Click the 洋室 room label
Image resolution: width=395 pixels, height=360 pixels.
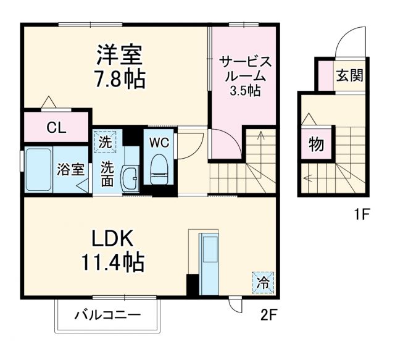pos(119,56)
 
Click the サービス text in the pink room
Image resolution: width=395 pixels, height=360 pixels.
pos(245,62)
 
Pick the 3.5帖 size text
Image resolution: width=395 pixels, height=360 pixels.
pos(245,90)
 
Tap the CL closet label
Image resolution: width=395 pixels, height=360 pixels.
pos(57,128)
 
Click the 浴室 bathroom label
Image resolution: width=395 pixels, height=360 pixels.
pos(70,169)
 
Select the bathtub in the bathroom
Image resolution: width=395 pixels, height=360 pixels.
pos(38,169)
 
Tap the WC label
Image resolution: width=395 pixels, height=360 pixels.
pos(159,141)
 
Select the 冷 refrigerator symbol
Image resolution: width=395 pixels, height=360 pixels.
pos(263,284)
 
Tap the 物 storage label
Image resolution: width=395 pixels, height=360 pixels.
pos(316,145)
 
